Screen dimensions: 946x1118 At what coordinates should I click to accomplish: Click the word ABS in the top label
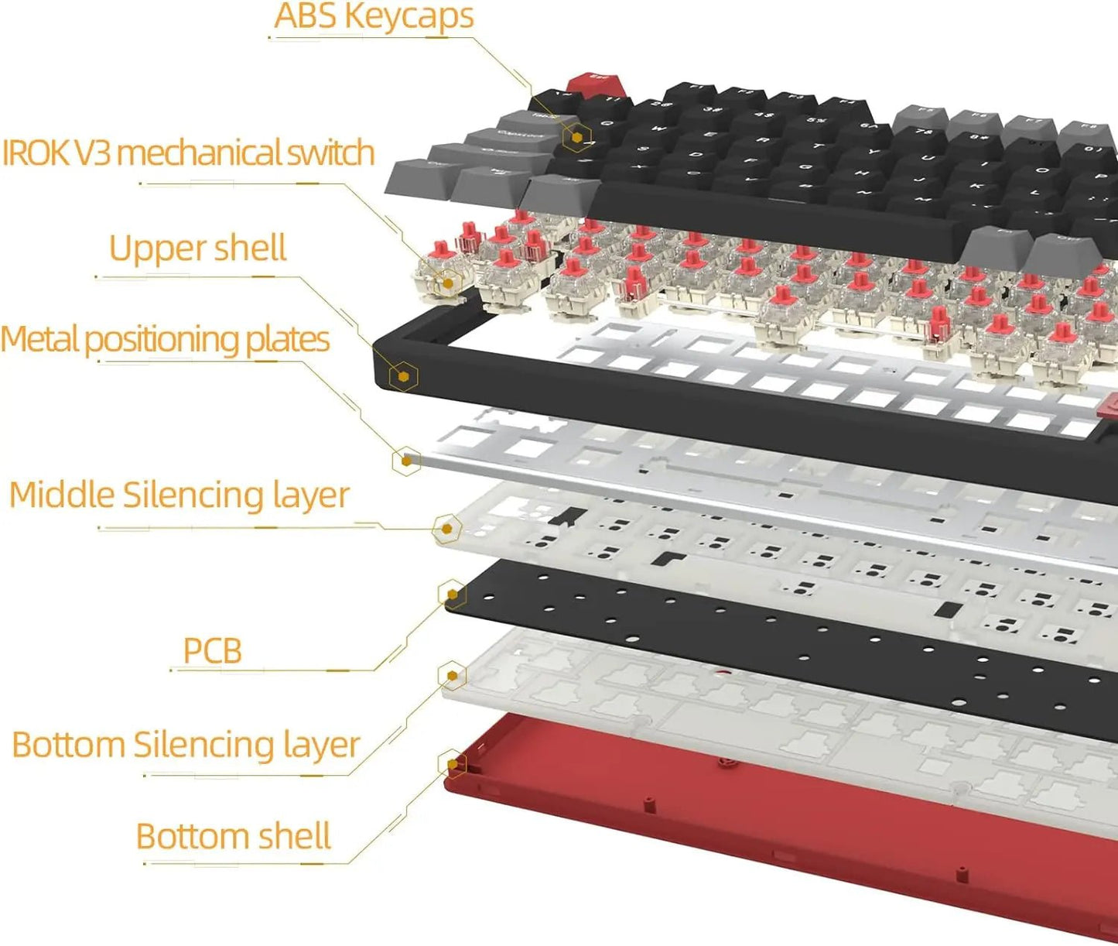click(305, 16)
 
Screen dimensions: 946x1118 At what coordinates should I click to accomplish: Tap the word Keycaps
click(409, 16)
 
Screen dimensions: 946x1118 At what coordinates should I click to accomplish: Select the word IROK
click(36, 153)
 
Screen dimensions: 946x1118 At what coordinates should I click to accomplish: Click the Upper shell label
click(197, 248)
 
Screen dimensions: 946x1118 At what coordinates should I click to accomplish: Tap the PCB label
click(212, 650)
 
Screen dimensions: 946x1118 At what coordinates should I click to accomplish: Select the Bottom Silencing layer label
click(186, 745)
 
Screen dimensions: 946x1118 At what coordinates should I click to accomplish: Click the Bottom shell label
click(233, 836)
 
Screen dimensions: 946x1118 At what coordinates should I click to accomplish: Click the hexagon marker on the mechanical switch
click(447, 283)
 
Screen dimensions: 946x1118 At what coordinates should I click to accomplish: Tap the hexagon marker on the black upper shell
click(404, 377)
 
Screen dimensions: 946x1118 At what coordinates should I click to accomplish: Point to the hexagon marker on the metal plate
click(406, 461)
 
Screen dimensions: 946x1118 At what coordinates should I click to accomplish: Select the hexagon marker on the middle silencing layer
click(446, 530)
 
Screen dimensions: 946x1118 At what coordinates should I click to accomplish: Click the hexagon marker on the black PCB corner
click(452, 595)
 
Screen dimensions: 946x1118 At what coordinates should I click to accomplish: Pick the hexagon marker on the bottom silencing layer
click(452, 676)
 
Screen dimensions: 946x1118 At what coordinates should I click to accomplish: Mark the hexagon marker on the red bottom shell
click(452, 765)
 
